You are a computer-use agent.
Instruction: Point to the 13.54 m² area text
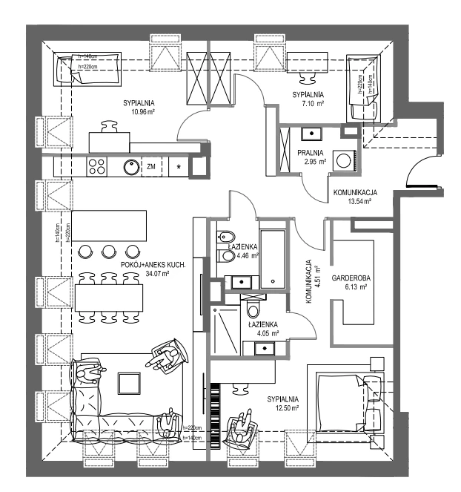point(355,201)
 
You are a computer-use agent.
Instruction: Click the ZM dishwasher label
point(151,166)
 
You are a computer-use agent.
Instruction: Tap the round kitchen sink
point(131,166)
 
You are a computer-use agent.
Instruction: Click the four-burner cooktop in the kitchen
point(97,166)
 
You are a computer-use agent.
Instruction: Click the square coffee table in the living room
point(129,382)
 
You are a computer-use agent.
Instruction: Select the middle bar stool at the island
point(109,250)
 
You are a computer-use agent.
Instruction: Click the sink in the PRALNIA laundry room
point(312,134)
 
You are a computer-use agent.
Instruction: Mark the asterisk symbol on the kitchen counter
point(178,166)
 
